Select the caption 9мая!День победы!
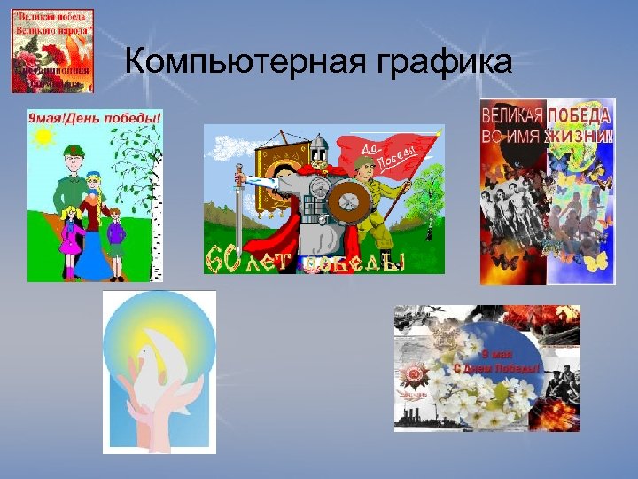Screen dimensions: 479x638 tap(95, 116)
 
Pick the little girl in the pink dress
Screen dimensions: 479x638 tap(70, 233)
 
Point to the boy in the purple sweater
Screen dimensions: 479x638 tap(114, 232)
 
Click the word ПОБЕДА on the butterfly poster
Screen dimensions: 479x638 tap(578, 116)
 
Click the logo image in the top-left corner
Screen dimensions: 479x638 tap(52, 51)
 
